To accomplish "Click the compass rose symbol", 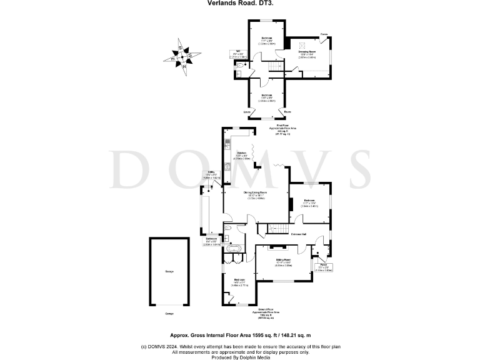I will click(181, 56).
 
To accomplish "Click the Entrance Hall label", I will click(303, 234).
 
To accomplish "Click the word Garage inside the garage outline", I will click(169, 271).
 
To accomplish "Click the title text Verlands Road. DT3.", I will click(239, 3).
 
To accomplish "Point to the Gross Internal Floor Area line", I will click(239, 335).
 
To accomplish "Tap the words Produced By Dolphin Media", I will click(239, 357).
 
